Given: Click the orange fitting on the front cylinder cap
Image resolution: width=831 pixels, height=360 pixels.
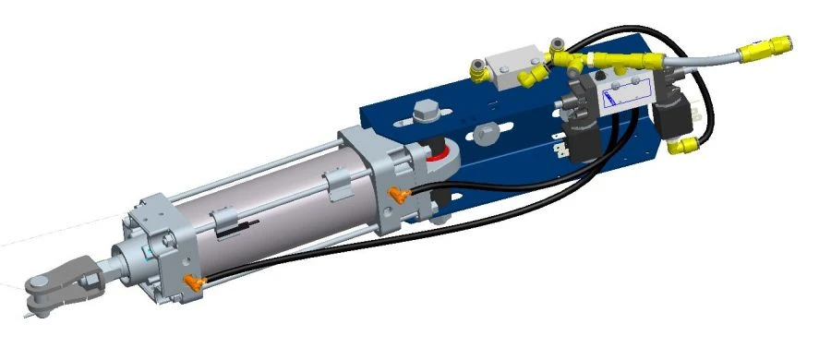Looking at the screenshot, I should (192, 280).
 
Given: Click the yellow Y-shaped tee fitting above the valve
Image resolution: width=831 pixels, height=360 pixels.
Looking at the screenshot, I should (563, 60).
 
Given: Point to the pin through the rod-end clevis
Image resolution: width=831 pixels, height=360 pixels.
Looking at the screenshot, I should (37, 282).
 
